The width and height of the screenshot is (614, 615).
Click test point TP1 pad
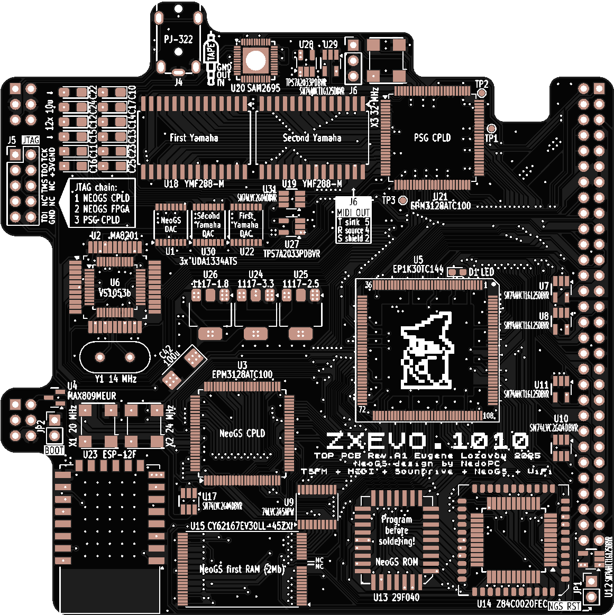click(491, 128)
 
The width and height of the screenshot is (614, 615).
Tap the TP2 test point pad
click(481, 93)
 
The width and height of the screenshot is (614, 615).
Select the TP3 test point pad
click(404, 200)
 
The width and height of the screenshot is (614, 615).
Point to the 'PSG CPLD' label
click(432, 138)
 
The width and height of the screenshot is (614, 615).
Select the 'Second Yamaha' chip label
click(312, 138)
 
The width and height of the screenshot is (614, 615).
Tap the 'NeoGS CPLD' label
click(242, 434)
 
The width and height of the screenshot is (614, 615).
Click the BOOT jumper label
click(54, 451)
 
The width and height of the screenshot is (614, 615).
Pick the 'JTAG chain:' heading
click(96, 187)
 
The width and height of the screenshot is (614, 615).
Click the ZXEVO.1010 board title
click(427, 441)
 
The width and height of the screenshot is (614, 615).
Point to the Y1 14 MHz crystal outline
click(115, 358)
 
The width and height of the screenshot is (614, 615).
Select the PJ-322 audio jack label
click(178, 40)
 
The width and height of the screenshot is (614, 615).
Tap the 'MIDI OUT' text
click(353, 213)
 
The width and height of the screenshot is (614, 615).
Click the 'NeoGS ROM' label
click(397, 562)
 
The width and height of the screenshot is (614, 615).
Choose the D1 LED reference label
click(481, 272)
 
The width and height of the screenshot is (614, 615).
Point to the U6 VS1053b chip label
click(115, 288)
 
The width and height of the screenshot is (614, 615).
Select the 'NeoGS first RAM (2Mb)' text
click(242, 570)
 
